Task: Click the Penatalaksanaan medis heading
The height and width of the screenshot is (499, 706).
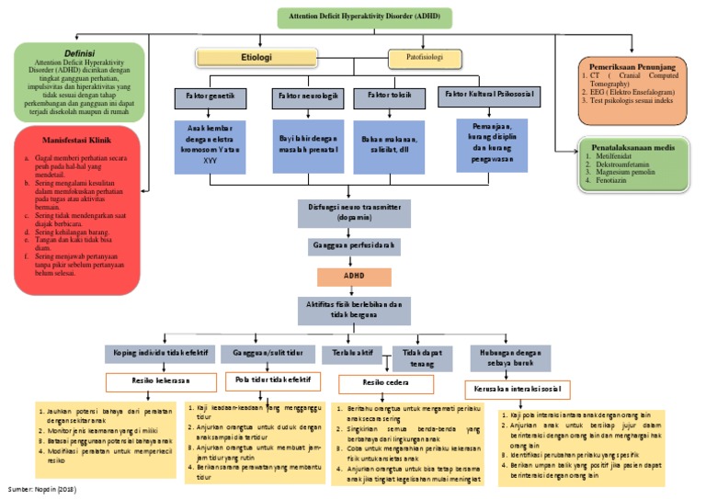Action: coord(639,146)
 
